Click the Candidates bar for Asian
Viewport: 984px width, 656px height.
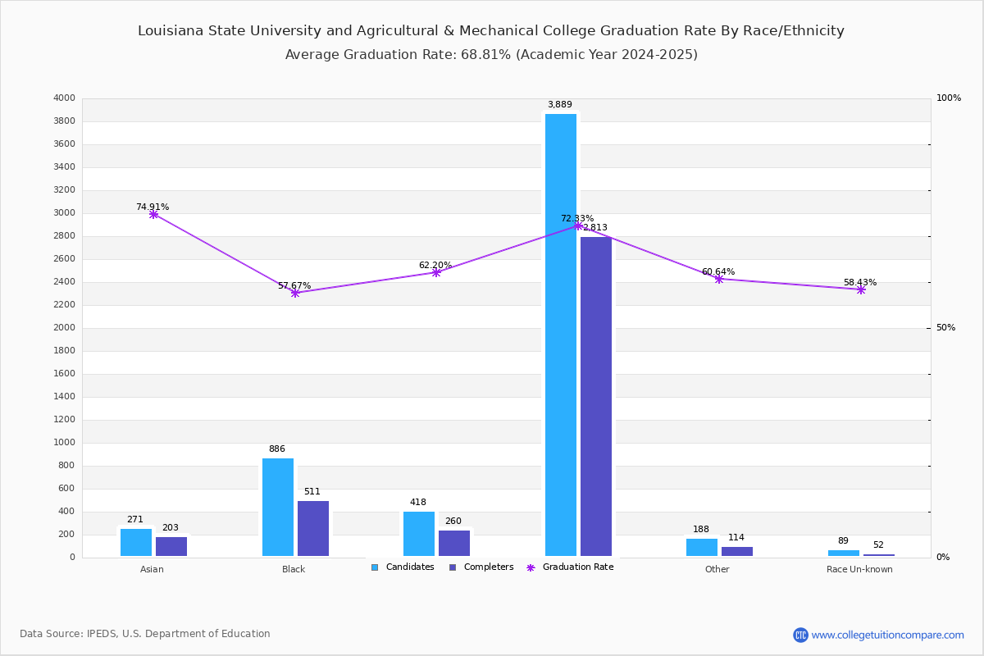click(x=136, y=542)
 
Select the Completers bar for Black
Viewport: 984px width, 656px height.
click(x=313, y=528)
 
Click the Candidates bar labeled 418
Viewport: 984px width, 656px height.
click(x=419, y=534)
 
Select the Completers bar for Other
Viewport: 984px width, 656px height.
click(x=737, y=551)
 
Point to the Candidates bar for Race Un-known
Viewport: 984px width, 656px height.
click(x=844, y=553)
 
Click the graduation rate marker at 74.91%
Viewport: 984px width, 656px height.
click(x=153, y=214)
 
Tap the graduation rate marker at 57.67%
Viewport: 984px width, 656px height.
click(x=295, y=293)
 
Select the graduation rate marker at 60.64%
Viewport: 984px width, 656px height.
click(x=719, y=279)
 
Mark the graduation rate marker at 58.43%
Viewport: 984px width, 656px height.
click(x=861, y=289)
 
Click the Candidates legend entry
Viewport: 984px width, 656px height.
click(x=403, y=567)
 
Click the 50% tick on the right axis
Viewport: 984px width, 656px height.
click(x=945, y=328)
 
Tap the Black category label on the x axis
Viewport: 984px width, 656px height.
click(x=294, y=570)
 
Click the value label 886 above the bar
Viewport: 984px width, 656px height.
click(x=277, y=449)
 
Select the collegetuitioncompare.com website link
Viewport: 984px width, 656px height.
click(x=887, y=635)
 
